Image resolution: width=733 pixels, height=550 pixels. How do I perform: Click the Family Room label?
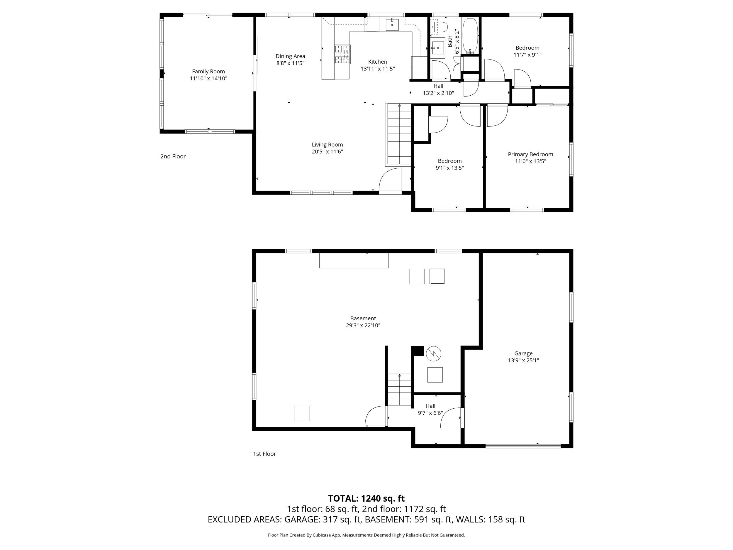coord(208,71)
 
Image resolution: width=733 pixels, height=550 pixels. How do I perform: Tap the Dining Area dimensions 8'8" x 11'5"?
coord(290,63)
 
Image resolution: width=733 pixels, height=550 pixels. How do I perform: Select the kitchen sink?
coord(392,25)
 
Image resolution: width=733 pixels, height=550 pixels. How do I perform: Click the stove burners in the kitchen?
coord(342,54)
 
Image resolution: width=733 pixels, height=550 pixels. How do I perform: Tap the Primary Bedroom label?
coord(530,154)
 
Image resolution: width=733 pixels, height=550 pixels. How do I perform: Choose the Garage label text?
coord(523,353)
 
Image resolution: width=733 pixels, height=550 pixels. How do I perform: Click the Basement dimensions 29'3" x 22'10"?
coord(363,326)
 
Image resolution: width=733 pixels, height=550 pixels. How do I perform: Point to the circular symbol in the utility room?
coord(433,353)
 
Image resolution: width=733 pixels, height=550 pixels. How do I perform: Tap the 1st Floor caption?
coord(264,454)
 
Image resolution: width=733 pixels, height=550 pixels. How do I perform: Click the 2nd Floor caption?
coord(173,156)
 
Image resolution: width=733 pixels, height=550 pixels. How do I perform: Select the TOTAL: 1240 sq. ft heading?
coord(366,499)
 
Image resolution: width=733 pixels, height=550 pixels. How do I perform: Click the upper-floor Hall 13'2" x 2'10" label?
coord(438,89)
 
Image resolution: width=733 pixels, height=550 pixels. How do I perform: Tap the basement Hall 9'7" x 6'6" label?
coord(430,409)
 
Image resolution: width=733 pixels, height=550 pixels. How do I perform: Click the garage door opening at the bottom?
coord(523,446)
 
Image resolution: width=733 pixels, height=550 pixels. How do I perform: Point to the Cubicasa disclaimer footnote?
coord(366,535)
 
